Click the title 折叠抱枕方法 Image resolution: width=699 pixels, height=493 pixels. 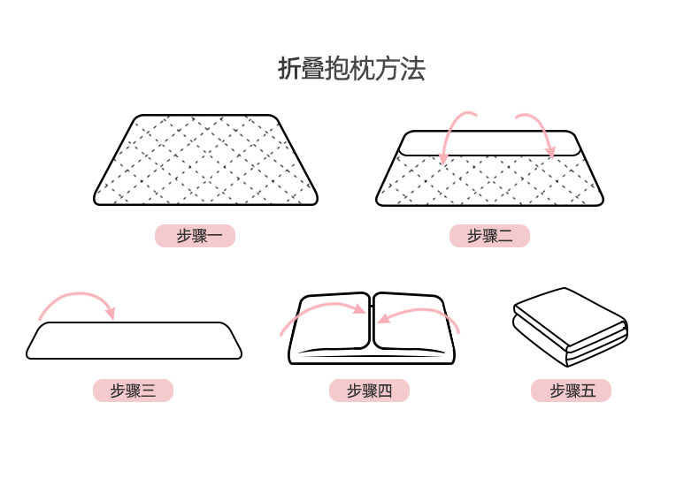351,69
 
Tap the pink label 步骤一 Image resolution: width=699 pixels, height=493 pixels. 195,236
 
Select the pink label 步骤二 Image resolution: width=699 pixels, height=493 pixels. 489,236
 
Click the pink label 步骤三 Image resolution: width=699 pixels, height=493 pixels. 133,391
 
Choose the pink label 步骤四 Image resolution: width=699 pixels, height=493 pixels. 369,391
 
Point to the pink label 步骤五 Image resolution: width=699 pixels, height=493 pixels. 571,391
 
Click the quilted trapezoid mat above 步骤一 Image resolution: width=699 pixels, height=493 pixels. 205,160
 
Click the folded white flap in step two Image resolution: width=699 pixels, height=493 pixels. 489,143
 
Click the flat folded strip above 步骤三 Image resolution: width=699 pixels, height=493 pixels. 134,340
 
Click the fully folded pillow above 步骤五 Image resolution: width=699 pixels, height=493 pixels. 571,327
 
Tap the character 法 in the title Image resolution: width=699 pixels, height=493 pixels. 413,69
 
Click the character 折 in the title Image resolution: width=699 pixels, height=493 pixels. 290,69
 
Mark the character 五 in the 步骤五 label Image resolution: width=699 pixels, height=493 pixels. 588,391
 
